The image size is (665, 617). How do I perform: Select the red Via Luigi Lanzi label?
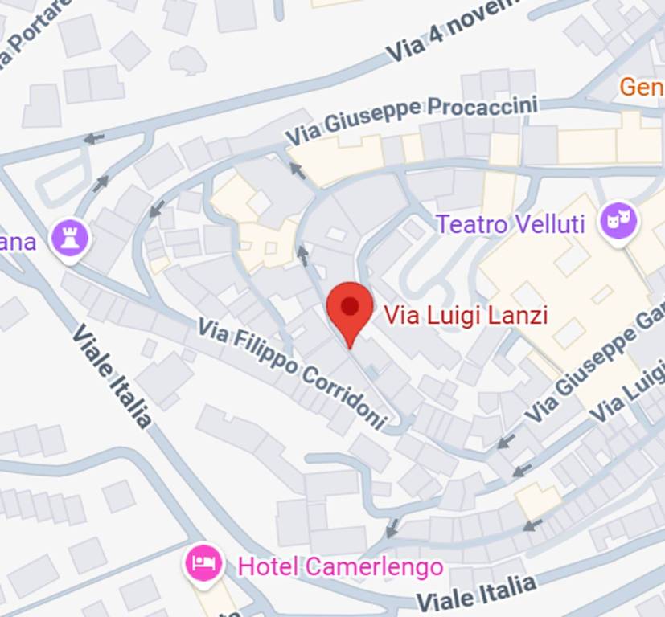point(466,315)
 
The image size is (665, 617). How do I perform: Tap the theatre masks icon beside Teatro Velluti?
point(619,220)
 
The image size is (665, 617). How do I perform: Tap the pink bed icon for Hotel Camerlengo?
point(204,562)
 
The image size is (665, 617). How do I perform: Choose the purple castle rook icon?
point(69,237)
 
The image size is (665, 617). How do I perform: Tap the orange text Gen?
point(642,86)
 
